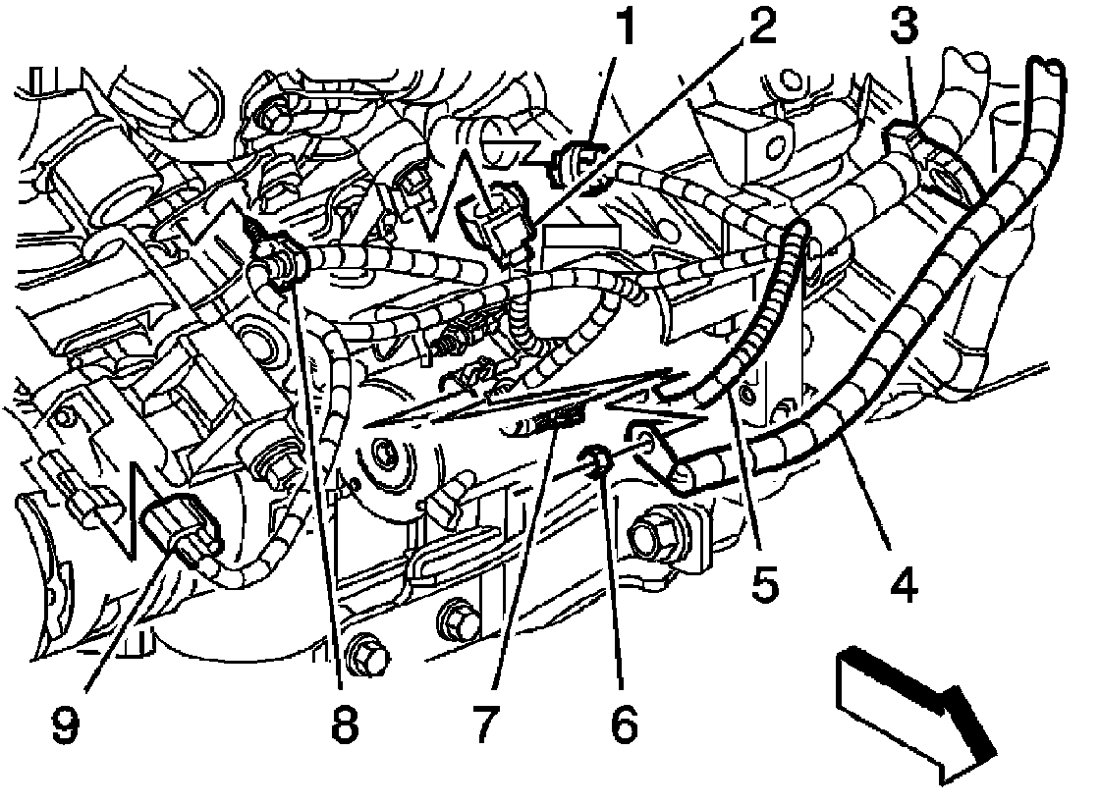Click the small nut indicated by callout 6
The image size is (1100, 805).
click(x=596, y=456)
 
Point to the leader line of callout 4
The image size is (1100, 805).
click(x=869, y=501)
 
